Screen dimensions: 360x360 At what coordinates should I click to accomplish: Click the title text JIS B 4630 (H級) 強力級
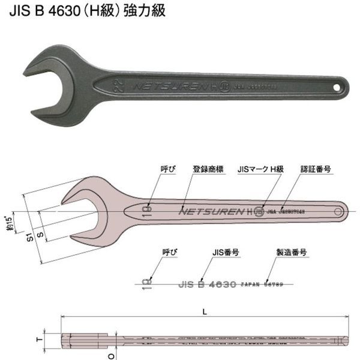point(87,10)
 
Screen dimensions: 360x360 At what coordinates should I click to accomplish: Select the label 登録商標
point(208,169)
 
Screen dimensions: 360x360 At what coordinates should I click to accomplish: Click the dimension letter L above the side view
point(206,311)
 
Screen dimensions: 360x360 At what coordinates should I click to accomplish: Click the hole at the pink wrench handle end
point(338,211)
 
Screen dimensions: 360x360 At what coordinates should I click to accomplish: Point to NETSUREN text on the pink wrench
point(211,211)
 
